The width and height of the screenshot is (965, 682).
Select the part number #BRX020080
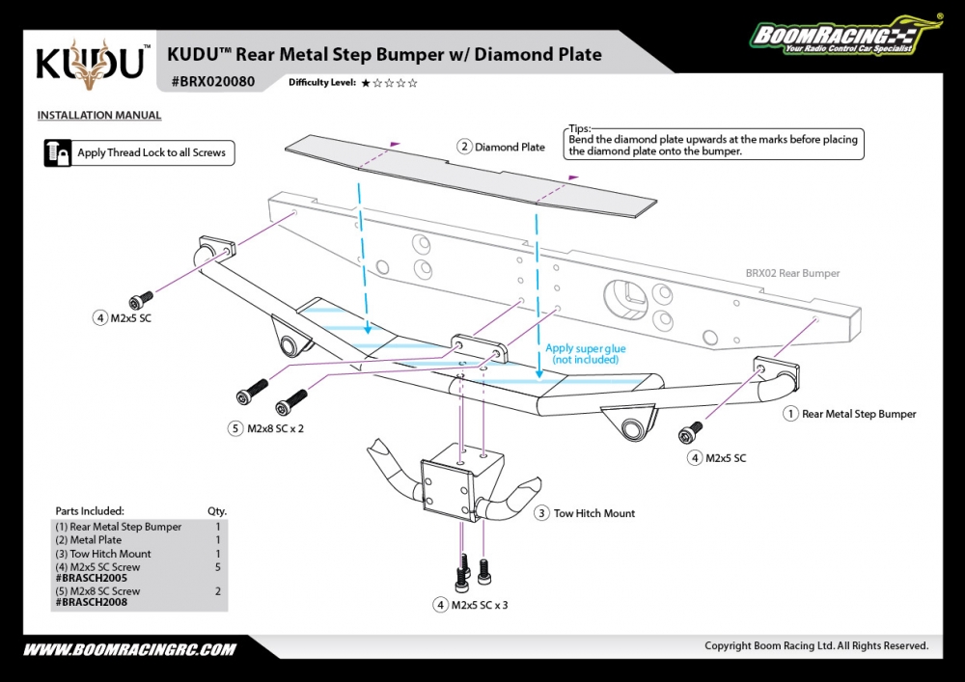pos(212,82)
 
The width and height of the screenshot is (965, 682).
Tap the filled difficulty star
pos(366,83)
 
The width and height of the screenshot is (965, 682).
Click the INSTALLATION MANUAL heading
pos(98,116)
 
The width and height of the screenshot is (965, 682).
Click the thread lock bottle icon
pos(57,152)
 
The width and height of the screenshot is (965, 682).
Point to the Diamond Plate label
pos(510,148)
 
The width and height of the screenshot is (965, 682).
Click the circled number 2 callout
pos(464,148)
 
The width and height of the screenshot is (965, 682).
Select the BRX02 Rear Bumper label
pos(792,273)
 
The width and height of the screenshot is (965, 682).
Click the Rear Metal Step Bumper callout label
pos(859,414)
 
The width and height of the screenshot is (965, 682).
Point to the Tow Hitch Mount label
pos(593,513)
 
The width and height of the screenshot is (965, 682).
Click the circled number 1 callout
pos(790,414)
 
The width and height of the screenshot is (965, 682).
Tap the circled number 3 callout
pos(542,513)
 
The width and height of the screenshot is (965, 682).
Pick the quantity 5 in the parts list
pos(218,567)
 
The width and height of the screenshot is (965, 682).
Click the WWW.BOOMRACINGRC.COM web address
pos(129,649)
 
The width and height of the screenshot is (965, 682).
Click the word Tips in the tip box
pos(579,128)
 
